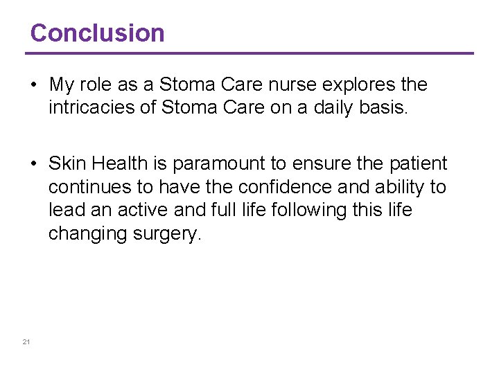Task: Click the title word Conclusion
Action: point(97,33)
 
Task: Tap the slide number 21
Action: point(26,342)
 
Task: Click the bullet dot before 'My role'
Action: point(33,85)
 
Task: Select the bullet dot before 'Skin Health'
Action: point(33,164)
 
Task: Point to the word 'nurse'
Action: point(300,85)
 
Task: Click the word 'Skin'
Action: point(68,164)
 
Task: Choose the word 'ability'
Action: point(394,188)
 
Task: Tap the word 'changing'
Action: point(86,234)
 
